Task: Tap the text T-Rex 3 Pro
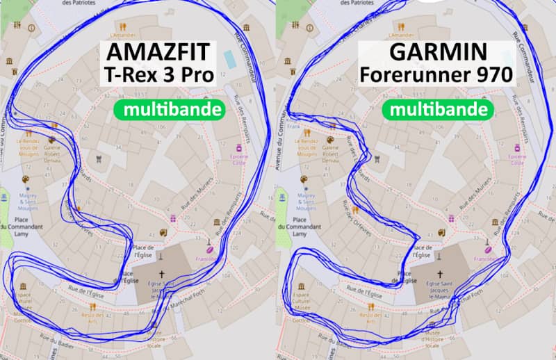(158, 75)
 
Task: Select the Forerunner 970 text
(436, 75)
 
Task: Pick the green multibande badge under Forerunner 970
(437, 109)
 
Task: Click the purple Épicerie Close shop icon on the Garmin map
(516, 149)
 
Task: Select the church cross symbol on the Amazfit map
(161, 274)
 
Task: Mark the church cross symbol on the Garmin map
(439, 274)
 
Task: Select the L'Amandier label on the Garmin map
(401, 35)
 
